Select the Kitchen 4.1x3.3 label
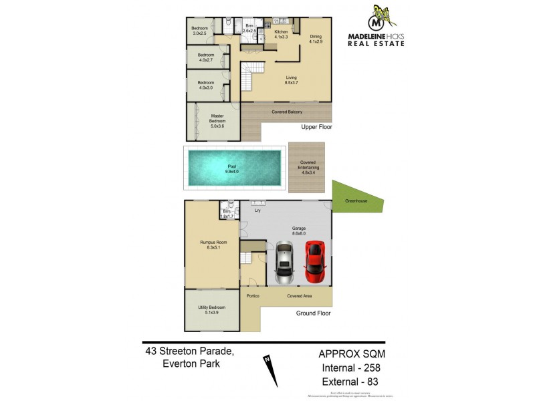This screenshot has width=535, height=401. (x=281, y=35)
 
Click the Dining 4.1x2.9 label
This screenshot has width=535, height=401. (x=315, y=39)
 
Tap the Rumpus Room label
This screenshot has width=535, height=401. (x=210, y=245)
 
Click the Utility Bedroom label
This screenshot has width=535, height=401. (x=210, y=309)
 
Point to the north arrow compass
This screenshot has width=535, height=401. (x=272, y=370)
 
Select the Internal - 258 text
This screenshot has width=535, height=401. (x=352, y=368)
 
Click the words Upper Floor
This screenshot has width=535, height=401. (x=316, y=126)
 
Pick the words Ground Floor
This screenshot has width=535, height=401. (x=313, y=313)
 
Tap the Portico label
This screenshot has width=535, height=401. (x=253, y=295)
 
